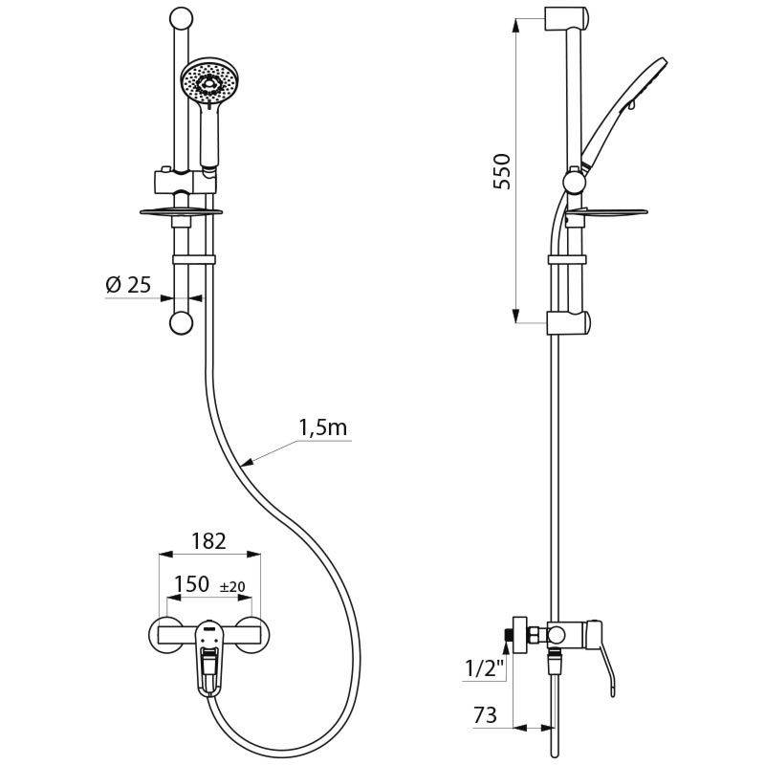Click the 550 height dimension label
504,171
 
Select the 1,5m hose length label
323,427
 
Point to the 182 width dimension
208,541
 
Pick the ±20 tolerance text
232,586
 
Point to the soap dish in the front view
181,211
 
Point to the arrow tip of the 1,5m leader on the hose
246,465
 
